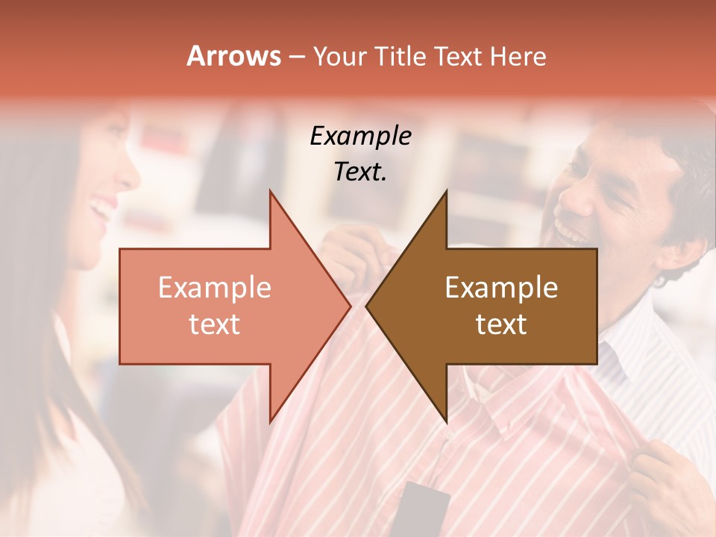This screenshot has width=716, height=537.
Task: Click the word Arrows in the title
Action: coord(233,57)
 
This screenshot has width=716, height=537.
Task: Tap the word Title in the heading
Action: coord(400,57)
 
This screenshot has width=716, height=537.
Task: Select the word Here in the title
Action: coord(518,57)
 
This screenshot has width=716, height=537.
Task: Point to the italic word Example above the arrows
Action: coord(360,136)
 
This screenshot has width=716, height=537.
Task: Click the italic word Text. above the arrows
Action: coord(360,172)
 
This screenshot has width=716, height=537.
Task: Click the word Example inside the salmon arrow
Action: coord(214,288)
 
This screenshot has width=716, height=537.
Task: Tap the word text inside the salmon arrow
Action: coord(214,324)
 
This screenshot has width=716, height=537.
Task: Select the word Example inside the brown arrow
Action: coord(501,288)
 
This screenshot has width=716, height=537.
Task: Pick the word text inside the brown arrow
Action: coord(501,324)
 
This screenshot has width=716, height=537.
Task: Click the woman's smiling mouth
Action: coord(99,210)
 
